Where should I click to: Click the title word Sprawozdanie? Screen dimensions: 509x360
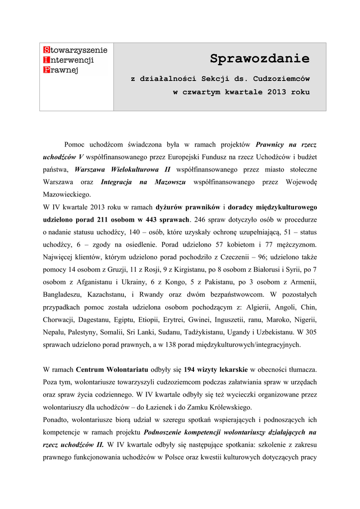click(259, 59)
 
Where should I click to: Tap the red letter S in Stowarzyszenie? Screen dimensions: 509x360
click(46, 50)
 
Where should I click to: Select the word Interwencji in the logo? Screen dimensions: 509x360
click(71, 60)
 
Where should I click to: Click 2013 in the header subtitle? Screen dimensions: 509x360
click(276, 92)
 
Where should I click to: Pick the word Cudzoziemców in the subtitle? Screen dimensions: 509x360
click(281, 79)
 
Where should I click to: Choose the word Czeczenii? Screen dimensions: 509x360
click(236, 257)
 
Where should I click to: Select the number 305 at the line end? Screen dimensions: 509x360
click(310, 332)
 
